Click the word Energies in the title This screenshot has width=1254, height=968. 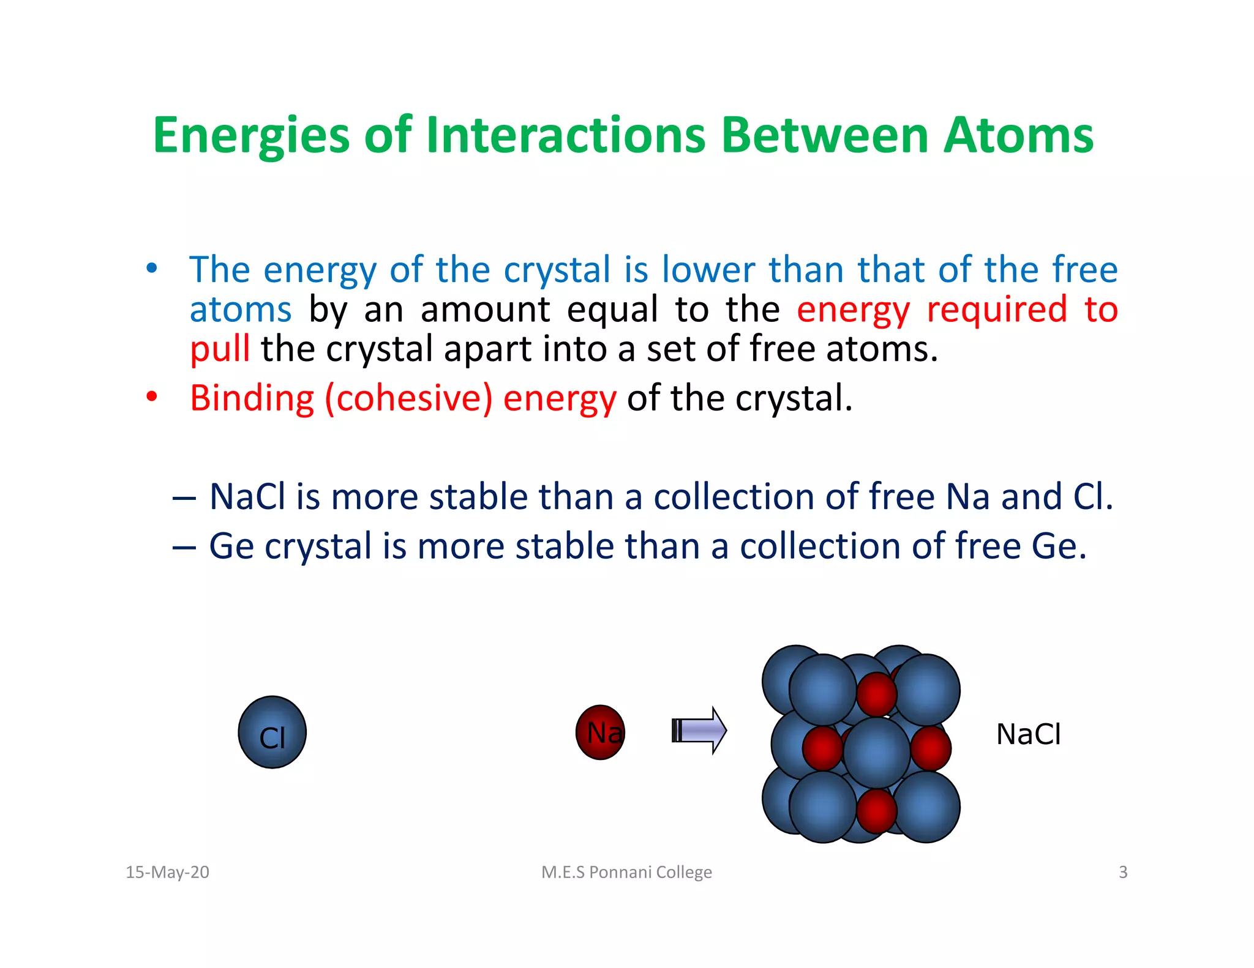251,136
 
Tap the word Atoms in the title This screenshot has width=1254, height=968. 1018,136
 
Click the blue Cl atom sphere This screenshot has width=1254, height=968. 272,732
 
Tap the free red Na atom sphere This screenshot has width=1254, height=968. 600,732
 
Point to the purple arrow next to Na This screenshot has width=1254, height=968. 699,731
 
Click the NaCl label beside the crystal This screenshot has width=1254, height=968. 1028,734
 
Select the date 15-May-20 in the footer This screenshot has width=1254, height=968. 167,872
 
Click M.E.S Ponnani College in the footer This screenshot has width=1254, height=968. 626,872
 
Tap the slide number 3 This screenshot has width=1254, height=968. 1123,872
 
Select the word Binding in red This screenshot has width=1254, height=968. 252,399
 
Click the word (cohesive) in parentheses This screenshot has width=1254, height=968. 408,399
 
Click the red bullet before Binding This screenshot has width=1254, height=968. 152,397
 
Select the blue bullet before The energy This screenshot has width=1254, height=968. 152,268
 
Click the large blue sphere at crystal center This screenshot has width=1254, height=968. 876,753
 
